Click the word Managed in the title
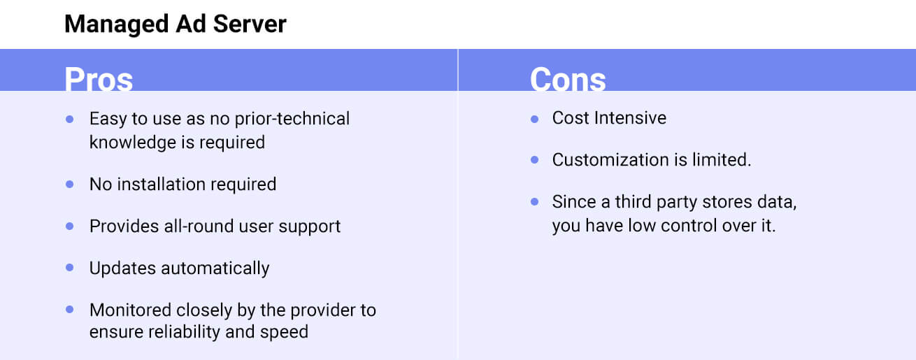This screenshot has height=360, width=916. pyautogui.click(x=117, y=24)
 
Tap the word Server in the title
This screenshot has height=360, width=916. pyautogui.click(x=250, y=24)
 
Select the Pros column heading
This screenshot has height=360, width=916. pyautogui.click(x=99, y=78)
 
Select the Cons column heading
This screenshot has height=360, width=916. pyautogui.click(x=568, y=78)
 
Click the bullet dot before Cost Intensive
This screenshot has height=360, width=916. pyautogui.click(x=534, y=119)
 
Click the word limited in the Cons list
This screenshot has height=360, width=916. pyautogui.click(x=722, y=159)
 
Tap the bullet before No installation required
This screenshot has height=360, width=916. pyautogui.click(x=69, y=185)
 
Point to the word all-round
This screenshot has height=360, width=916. pyautogui.click(x=199, y=226)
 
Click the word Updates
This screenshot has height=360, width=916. pyautogui.click(x=122, y=268)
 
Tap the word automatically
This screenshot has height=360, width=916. pyautogui.click(x=215, y=268)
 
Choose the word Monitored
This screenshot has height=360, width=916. pyautogui.click(x=131, y=310)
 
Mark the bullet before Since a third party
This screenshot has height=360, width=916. pyautogui.click(x=534, y=201)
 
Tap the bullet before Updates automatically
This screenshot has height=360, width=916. pyautogui.click(x=69, y=267)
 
